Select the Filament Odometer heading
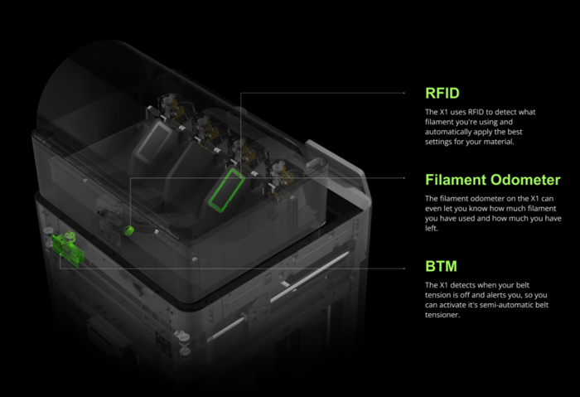pyautogui.click(x=492, y=179)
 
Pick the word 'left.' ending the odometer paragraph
pyautogui.click(x=432, y=230)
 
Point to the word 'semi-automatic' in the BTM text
pyautogui.click(x=507, y=306)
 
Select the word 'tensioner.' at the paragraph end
pyautogui.click(x=444, y=317)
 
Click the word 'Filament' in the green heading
pyautogui.click(x=456, y=179)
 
